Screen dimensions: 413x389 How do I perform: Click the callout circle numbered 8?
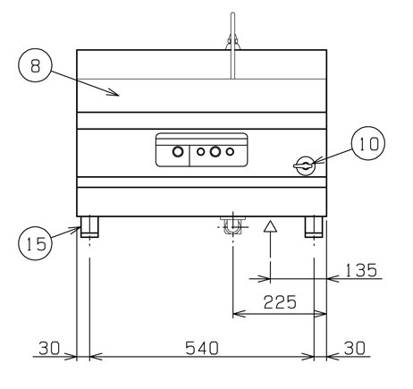pyautogui.click(x=36, y=49)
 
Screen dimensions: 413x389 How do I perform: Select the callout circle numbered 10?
pyautogui.click(x=368, y=128)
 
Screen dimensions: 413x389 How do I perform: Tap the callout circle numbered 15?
pyautogui.click(x=36, y=227)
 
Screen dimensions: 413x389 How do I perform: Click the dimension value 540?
pyautogui.click(x=202, y=348)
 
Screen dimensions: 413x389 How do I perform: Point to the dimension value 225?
pyautogui.click(x=280, y=302)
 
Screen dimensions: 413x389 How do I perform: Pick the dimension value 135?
pyautogui.click(x=361, y=270)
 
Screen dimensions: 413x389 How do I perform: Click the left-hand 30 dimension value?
pyautogui.click(x=49, y=348)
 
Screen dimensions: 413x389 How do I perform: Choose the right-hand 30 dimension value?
pyautogui.click(x=355, y=348)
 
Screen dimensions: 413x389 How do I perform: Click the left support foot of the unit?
pyautogui.click(x=89, y=227)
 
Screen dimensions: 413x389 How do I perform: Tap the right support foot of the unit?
pyautogui.click(x=314, y=227)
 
